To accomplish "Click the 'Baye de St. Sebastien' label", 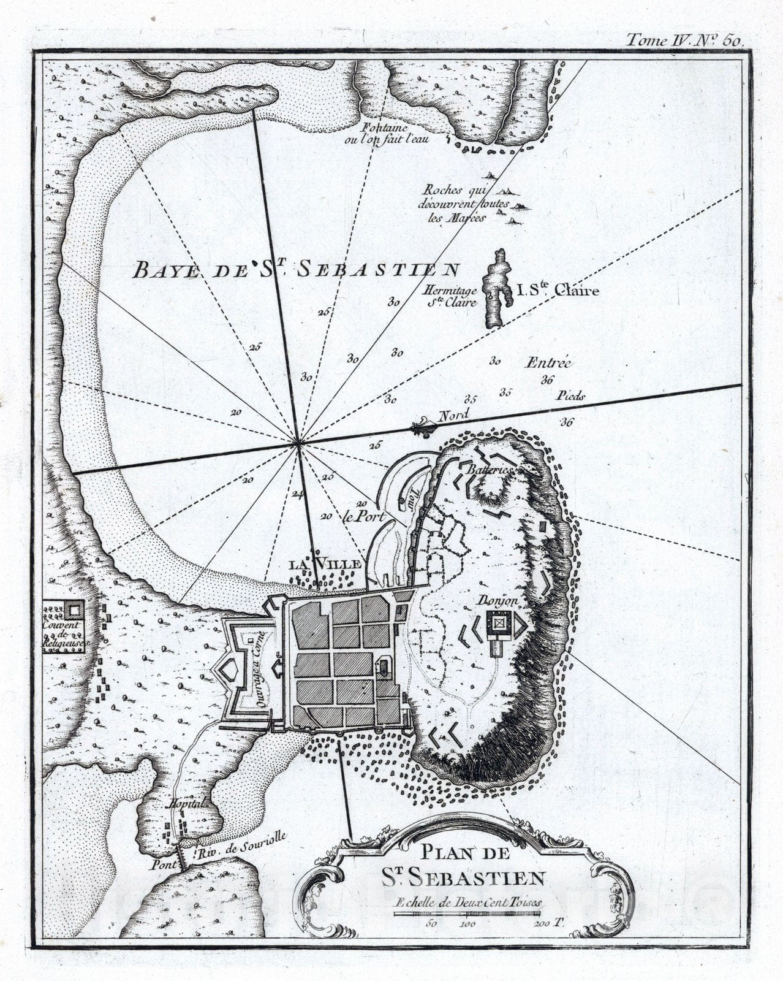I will (x=297, y=269).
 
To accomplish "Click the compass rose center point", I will (x=298, y=441).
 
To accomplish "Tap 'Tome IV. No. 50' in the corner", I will (x=684, y=40).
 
